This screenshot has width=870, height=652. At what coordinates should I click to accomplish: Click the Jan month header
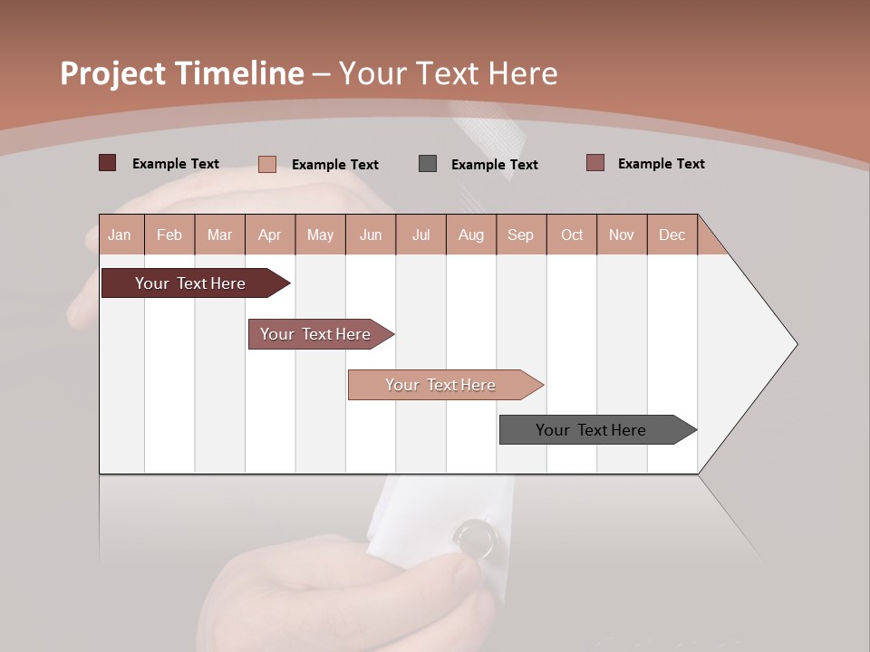coord(120,235)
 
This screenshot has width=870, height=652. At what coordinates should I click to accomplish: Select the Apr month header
coord(269,235)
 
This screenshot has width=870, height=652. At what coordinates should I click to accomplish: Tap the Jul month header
coord(420,235)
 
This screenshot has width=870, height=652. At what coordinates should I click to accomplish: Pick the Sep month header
coord(520,235)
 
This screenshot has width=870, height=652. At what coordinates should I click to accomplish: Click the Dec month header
coord(672,235)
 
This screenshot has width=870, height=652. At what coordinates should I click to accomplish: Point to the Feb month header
coord(169,235)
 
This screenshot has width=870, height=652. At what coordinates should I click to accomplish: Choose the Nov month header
coord(621,235)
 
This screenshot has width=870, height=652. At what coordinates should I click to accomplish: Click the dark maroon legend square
coord(107,163)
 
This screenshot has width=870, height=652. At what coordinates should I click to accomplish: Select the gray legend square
coord(428,163)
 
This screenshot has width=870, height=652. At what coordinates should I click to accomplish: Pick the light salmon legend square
coord(267,164)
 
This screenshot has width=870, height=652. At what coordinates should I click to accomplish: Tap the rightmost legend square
coord(595,163)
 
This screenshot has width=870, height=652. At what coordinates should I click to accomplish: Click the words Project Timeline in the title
coord(182,73)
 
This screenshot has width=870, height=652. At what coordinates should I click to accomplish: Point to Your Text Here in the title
coord(448,73)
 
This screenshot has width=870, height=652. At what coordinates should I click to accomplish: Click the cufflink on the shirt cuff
coord(475,538)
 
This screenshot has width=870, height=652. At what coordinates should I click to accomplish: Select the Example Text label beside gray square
coord(494,165)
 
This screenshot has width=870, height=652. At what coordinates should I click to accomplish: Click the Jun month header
coord(371,235)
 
